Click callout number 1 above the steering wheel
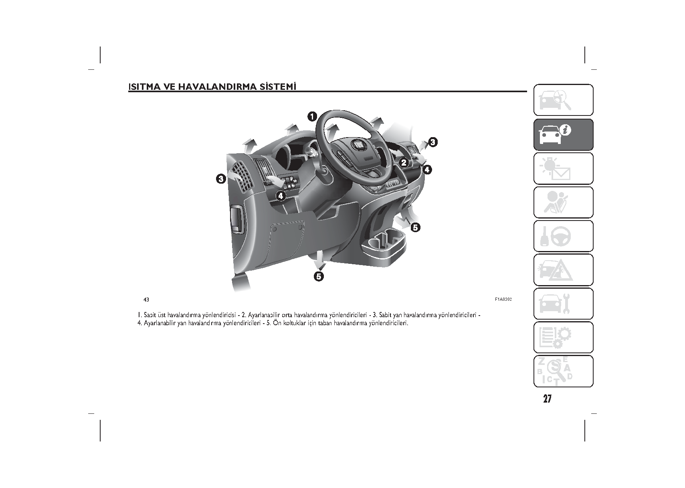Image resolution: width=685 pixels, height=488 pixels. pos(312,117)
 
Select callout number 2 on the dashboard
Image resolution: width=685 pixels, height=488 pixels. pos(404,163)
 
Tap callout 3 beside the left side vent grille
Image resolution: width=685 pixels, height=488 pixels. pos(221,179)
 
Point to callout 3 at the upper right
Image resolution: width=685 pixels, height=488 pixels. pos(433,142)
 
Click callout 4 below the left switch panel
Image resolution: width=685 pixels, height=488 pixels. pos(281,196)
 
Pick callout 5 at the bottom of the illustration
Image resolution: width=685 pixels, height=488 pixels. pos(319,277)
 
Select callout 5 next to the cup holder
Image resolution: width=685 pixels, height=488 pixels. pos(415,228)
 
